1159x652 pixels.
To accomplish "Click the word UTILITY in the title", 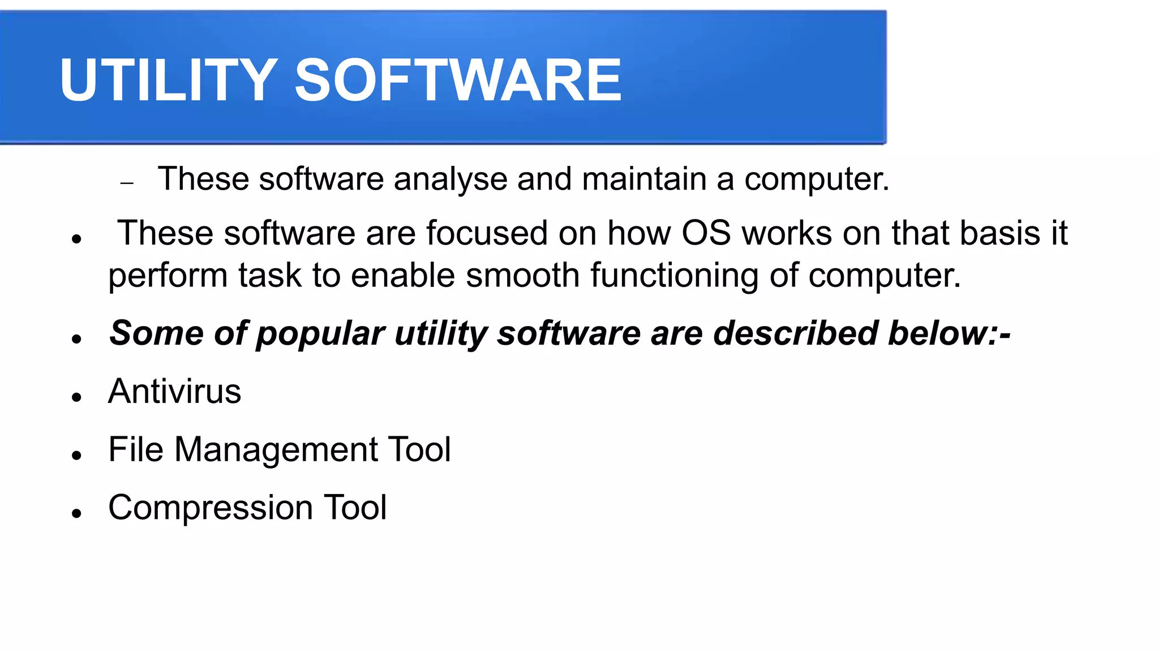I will point(168,80).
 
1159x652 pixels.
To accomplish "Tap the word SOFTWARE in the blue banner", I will point(458,80).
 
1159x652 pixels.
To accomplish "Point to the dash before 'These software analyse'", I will point(127,183).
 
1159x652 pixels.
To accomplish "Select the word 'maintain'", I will point(644,179).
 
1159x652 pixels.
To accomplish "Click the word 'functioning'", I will point(675,277).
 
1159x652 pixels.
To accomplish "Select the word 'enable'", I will point(403,276).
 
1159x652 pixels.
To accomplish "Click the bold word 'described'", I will point(796,333).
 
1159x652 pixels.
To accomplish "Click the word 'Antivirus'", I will point(174,391).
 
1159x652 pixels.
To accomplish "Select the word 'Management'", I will point(276,451).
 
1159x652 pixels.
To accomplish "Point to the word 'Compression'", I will point(210,508).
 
